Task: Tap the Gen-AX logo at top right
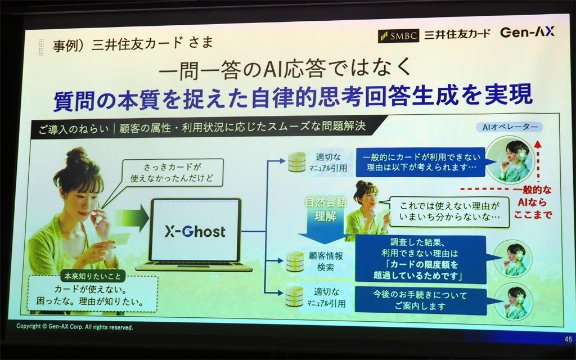coord(527,32)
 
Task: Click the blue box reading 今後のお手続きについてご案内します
coord(419,300)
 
